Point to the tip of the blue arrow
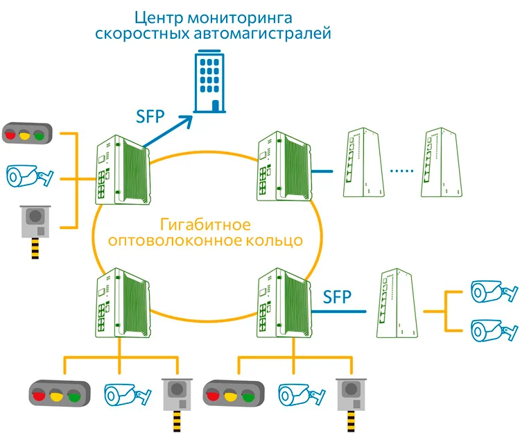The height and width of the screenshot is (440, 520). pos(192,117)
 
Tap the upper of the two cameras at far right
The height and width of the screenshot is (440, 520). pos(492,291)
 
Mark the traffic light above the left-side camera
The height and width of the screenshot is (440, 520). pos(28,132)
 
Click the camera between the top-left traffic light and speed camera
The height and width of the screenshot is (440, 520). pos(28,176)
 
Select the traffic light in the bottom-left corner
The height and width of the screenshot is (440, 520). pos(59,394)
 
